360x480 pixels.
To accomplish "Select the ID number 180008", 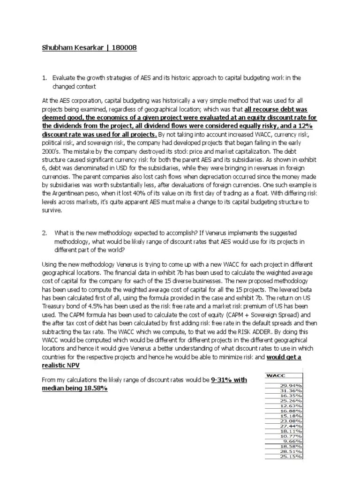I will pyautogui.click(x=123, y=48).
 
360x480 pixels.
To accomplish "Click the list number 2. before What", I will pyautogui.click(x=45, y=233).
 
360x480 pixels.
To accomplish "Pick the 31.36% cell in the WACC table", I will pyautogui.click(x=291, y=390).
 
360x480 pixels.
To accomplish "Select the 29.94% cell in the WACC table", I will pyautogui.click(x=291, y=384).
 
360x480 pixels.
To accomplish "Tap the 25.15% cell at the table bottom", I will pyautogui.click(x=291, y=457).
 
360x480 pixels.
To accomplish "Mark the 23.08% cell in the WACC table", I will pyautogui.click(x=291, y=421).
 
